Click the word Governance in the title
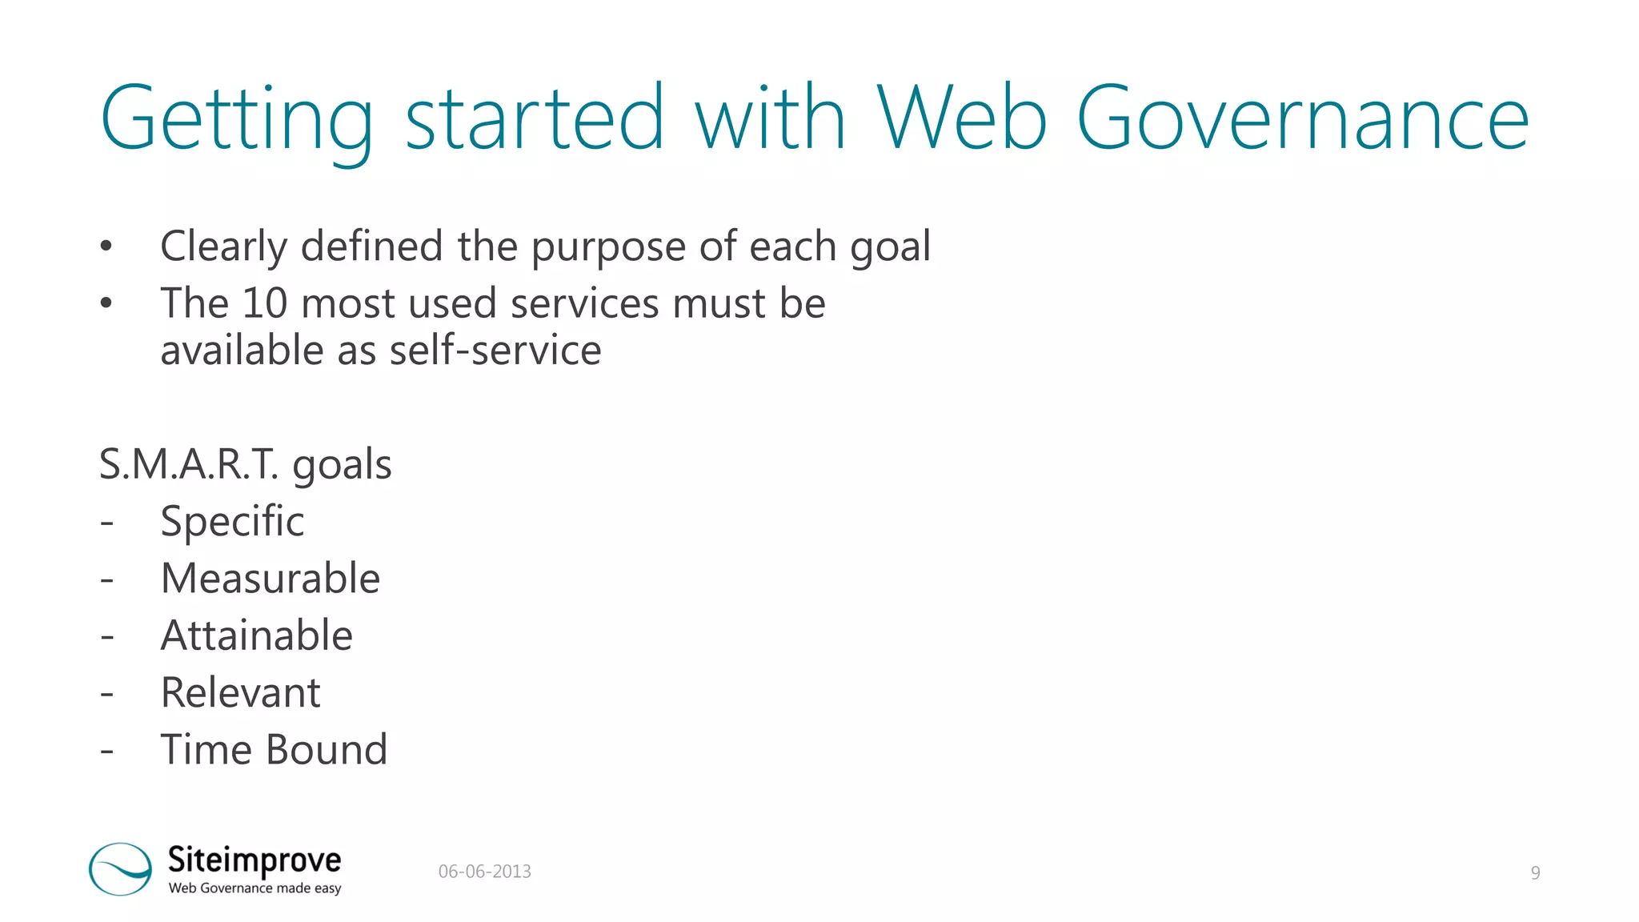[x=1303, y=118]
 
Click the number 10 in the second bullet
[x=264, y=303]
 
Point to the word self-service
[x=495, y=351]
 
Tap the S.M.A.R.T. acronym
[x=189, y=464]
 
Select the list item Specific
[x=232, y=522]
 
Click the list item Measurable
[x=270, y=579]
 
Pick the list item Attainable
[x=256, y=635]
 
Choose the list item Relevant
[x=240, y=692]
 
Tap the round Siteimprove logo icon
[x=120, y=868]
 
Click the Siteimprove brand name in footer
[x=254, y=860]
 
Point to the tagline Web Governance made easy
[x=254, y=888]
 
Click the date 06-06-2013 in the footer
[x=484, y=872]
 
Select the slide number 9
[x=1535, y=872]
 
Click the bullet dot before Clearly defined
[x=106, y=247]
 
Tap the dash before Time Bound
[x=107, y=751]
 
